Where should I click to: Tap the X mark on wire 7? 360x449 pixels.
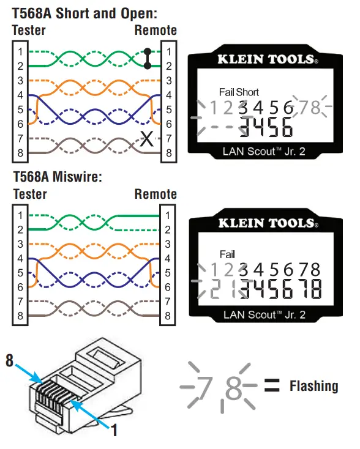(147, 139)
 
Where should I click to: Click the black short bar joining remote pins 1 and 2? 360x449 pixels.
(147, 58)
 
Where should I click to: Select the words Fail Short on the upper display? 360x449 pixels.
(239, 92)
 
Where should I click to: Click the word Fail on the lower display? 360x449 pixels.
(227, 254)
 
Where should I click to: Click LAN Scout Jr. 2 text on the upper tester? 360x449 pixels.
(264, 152)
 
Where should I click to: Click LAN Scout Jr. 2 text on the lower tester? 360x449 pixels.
(264, 315)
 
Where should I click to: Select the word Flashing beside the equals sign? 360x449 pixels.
(313, 386)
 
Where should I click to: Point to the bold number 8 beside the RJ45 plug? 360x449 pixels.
(10, 360)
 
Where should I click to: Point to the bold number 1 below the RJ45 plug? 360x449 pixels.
(113, 430)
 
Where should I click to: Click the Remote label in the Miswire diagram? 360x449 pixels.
(156, 195)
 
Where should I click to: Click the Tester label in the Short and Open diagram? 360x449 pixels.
(29, 30)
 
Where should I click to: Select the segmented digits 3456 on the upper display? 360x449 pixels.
(265, 127)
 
